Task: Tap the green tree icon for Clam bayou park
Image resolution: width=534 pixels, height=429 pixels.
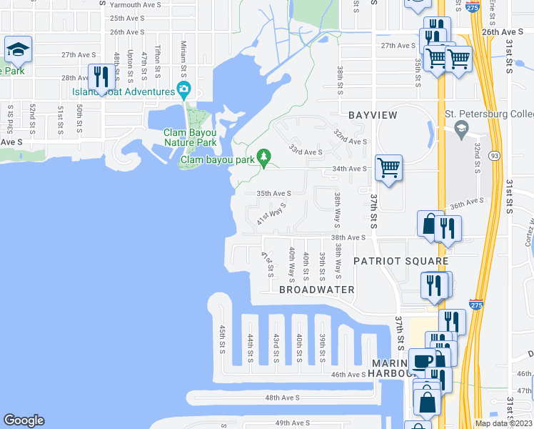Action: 264,156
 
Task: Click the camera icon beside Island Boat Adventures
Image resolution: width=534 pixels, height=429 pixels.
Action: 184,90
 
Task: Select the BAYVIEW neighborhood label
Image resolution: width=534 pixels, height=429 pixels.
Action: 372,115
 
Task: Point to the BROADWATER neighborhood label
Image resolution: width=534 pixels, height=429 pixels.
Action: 316,290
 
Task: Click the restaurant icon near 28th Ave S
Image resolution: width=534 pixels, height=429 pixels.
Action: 101,76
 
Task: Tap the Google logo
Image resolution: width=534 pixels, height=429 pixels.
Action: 24,420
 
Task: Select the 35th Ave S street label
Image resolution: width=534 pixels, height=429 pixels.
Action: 274,193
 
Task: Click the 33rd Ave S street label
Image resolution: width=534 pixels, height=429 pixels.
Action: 306,152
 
